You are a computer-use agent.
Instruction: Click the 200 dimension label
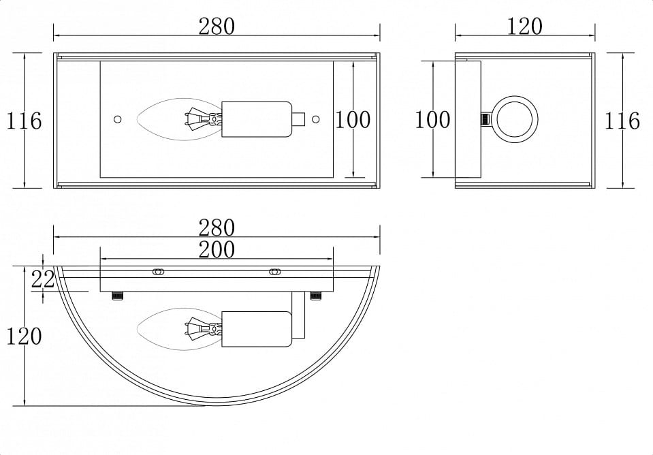tap(217, 249)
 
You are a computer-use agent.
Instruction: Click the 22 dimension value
tap(43, 279)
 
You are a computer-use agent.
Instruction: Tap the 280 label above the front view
tap(217, 27)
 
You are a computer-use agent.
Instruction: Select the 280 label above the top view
tap(217, 228)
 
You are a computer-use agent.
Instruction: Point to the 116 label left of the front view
tap(24, 121)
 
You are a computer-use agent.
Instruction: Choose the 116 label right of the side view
tap(622, 121)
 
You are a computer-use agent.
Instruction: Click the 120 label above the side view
tap(524, 27)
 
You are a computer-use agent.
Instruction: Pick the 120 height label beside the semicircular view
tap(24, 336)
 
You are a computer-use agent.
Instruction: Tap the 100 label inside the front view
tap(353, 120)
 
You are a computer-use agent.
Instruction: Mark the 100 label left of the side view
tap(432, 120)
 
